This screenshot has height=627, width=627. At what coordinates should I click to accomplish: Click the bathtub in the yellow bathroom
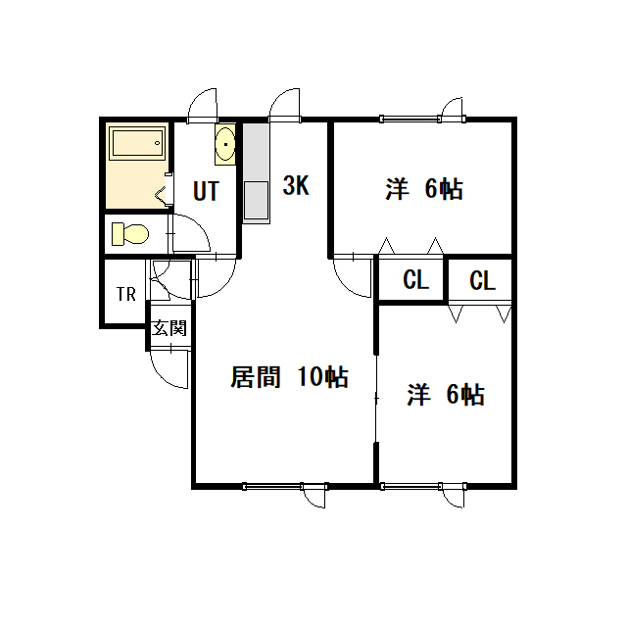point(137,143)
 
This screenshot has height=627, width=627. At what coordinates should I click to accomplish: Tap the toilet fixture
point(130,234)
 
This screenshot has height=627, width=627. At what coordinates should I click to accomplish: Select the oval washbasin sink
point(225,144)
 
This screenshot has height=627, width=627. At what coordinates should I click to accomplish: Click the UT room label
point(207,191)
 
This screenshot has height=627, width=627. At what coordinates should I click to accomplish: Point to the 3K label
point(296,185)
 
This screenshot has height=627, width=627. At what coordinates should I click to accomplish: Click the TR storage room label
point(126,294)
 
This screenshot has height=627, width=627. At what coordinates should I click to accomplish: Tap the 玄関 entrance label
point(169,328)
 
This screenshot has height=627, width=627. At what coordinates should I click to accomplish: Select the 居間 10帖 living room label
point(289,376)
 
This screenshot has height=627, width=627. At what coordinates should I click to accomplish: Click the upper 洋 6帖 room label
point(424,189)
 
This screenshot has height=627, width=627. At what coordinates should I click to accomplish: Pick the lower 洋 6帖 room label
point(446,395)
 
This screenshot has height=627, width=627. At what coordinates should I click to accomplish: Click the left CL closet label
point(415,279)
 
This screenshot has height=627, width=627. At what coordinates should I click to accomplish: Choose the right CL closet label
point(483,280)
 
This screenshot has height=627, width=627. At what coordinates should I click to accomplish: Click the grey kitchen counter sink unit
point(257,172)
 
